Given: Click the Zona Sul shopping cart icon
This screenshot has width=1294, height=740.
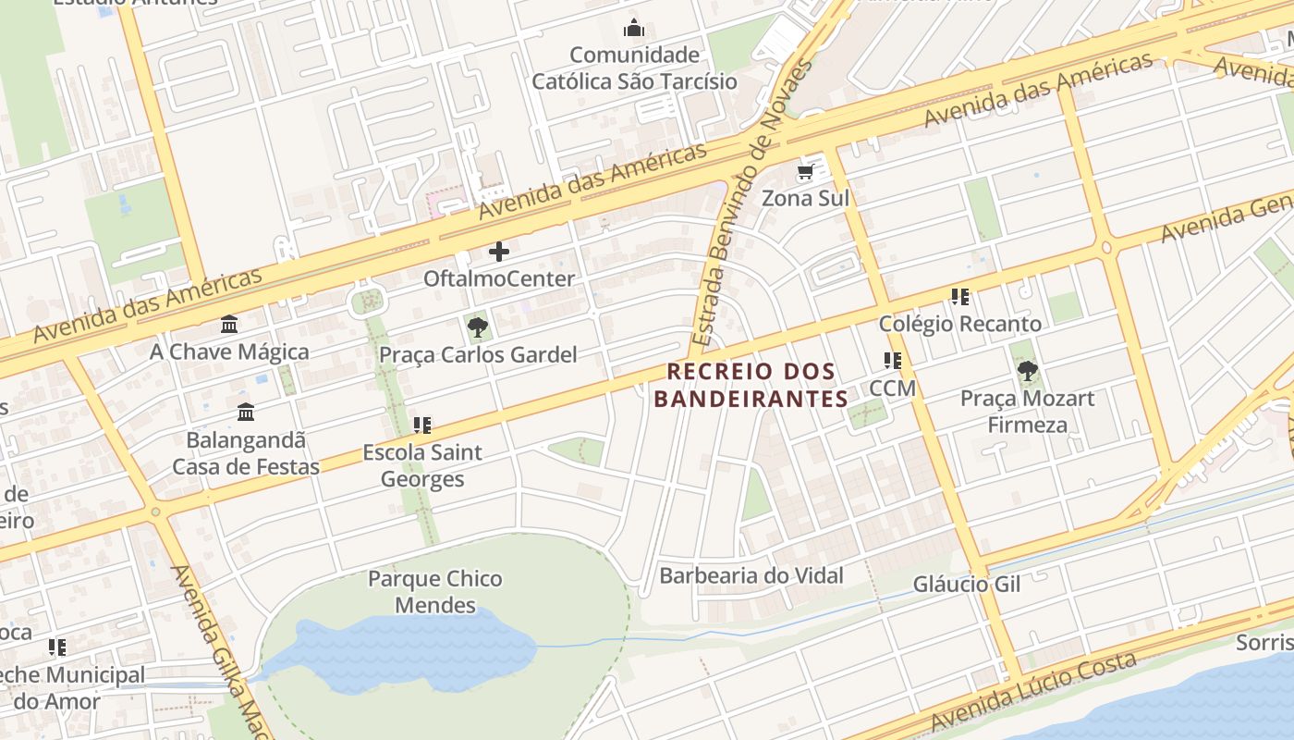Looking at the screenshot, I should point(805,172).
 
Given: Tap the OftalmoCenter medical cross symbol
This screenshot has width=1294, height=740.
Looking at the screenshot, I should point(499,252).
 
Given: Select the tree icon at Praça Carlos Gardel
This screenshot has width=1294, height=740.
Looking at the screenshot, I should point(478,327).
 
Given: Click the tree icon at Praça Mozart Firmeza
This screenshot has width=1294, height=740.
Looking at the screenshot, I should point(1027,372).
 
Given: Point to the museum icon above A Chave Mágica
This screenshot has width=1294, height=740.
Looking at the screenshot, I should point(229,325).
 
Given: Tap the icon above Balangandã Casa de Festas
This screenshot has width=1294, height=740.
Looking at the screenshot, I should point(246,413).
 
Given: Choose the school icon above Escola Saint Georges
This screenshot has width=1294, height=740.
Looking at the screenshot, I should point(422,425).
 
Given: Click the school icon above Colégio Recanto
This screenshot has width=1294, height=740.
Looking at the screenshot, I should point(960,297).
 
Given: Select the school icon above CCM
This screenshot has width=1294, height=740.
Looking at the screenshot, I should point(892,361).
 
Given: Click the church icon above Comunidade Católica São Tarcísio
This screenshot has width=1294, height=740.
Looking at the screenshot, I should point(634,29).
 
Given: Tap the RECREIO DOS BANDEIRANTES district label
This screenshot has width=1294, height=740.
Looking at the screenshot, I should point(751,385).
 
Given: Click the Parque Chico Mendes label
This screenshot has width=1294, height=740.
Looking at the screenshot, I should point(434,592).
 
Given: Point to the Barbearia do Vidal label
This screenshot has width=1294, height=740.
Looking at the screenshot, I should point(751,575).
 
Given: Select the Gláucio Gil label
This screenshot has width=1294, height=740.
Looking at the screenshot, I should point(966,584).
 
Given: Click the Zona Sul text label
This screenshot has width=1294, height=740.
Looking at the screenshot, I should point(805,198).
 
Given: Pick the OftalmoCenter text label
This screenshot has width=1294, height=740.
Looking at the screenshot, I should point(499,278).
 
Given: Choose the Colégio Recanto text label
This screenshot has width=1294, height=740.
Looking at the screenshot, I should point(959,324).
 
